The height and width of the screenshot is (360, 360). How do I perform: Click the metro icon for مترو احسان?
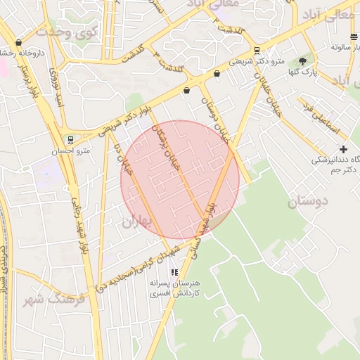(70, 139)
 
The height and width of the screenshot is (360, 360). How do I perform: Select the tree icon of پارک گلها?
(302, 61)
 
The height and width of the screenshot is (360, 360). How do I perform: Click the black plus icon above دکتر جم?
(343, 149)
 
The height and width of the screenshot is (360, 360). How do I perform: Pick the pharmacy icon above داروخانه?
(18, 43)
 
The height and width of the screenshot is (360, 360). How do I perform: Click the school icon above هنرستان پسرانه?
(174, 271)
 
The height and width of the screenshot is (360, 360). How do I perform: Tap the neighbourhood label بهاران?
(137, 222)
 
